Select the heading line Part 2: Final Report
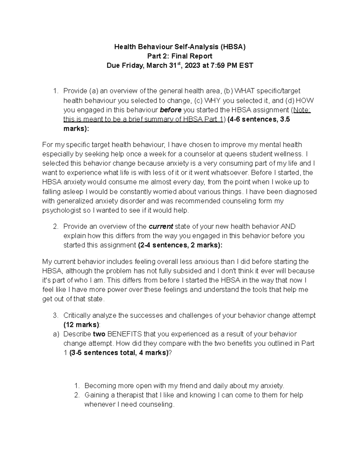(180, 56)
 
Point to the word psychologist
(61, 211)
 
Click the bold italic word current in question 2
(161, 226)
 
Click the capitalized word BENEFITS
(124, 334)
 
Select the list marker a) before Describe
(56, 334)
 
